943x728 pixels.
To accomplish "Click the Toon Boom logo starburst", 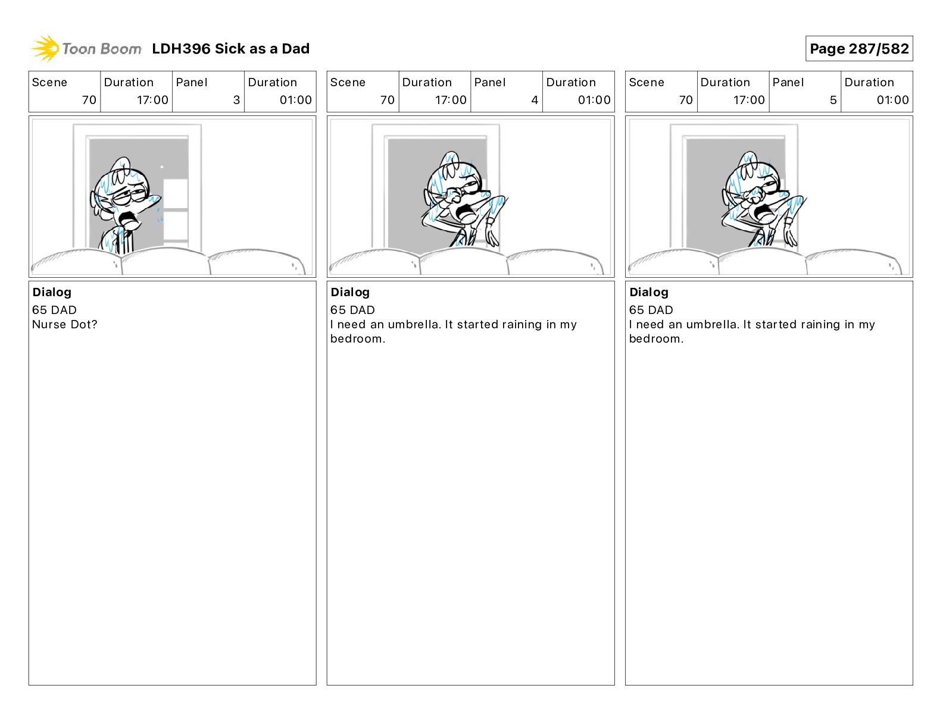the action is [45, 48].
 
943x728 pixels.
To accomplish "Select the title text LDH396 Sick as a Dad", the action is [230, 49].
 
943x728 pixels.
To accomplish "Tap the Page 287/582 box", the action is [859, 49].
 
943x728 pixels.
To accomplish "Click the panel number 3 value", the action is [236, 100].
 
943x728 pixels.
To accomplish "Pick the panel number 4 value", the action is [535, 100].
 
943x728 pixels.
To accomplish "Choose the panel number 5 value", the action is [833, 100].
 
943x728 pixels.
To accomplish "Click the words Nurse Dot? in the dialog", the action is [65, 324].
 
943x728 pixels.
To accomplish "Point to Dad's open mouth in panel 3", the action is [130, 219].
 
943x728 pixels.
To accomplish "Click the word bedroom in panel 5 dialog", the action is [654, 338].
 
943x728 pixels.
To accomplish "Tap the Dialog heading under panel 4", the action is [350, 292].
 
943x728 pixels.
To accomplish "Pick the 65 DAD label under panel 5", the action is [651, 310].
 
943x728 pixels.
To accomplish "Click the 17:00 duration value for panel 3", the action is [152, 100].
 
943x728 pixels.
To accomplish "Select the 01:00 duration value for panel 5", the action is [892, 100].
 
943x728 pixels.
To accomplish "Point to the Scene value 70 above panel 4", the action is [388, 100].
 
